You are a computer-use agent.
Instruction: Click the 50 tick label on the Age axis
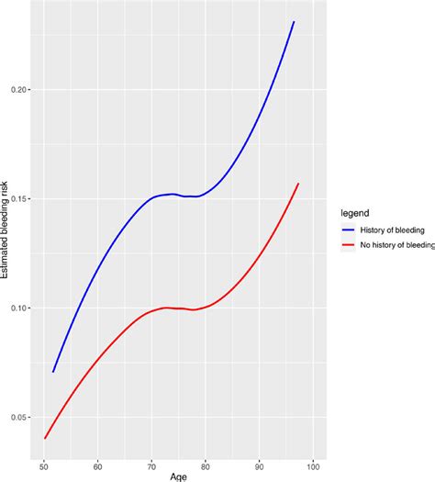point(44,465)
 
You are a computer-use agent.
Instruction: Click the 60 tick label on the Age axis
point(98,465)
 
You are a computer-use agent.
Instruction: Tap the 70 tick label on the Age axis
point(152,465)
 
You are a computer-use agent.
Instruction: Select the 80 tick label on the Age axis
point(206,465)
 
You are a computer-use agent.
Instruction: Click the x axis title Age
point(179,476)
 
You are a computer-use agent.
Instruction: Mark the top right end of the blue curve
point(294,21)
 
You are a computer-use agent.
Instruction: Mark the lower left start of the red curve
point(45,438)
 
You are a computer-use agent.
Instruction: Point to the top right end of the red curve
point(298,184)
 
